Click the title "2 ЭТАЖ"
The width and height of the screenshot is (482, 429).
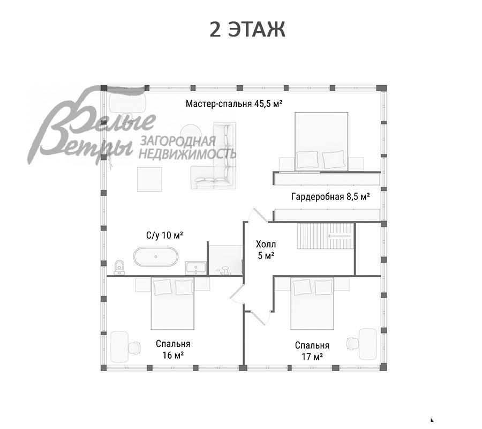(247, 29)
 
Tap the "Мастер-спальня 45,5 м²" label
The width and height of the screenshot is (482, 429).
(234, 103)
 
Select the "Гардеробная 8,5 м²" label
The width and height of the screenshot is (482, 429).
(330, 196)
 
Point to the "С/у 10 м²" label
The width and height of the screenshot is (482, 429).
(164, 235)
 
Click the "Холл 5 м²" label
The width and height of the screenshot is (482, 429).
(266, 250)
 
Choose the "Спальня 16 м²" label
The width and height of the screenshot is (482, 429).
(173, 349)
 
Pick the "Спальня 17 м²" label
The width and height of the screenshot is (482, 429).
(312, 351)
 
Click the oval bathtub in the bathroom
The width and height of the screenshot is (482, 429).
(155, 256)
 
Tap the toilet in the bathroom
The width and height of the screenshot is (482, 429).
(119, 267)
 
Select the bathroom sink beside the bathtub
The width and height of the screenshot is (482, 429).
(196, 268)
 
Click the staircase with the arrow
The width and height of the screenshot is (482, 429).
(326, 236)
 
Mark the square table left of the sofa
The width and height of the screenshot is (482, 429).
(150, 179)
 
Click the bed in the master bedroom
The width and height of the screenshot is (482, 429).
(321, 141)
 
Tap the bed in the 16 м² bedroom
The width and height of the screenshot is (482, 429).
(173, 304)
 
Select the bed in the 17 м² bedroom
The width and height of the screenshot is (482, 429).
(312, 304)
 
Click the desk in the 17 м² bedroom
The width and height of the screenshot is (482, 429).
(368, 344)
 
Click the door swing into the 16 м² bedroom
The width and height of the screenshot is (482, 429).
(237, 293)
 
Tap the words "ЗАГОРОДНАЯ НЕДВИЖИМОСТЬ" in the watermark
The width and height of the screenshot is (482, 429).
(187, 147)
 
